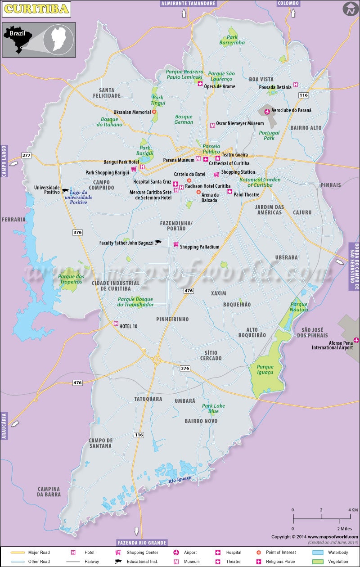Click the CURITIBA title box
pos(36,9)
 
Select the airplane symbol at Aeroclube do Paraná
pos(267,111)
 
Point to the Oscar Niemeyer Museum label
pos(239,124)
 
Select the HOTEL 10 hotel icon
pos(116,324)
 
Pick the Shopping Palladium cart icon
pos(176,244)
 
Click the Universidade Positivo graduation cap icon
pos(65,191)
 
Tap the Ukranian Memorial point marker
pos(154,112)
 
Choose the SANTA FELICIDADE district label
pos(107,93)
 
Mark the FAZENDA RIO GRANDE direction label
pos(142,542)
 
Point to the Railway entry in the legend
pos(92,562)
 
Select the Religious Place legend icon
pos(259,562)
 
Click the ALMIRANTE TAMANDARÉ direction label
pos(189,3)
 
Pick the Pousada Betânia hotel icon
pos(296,84)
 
